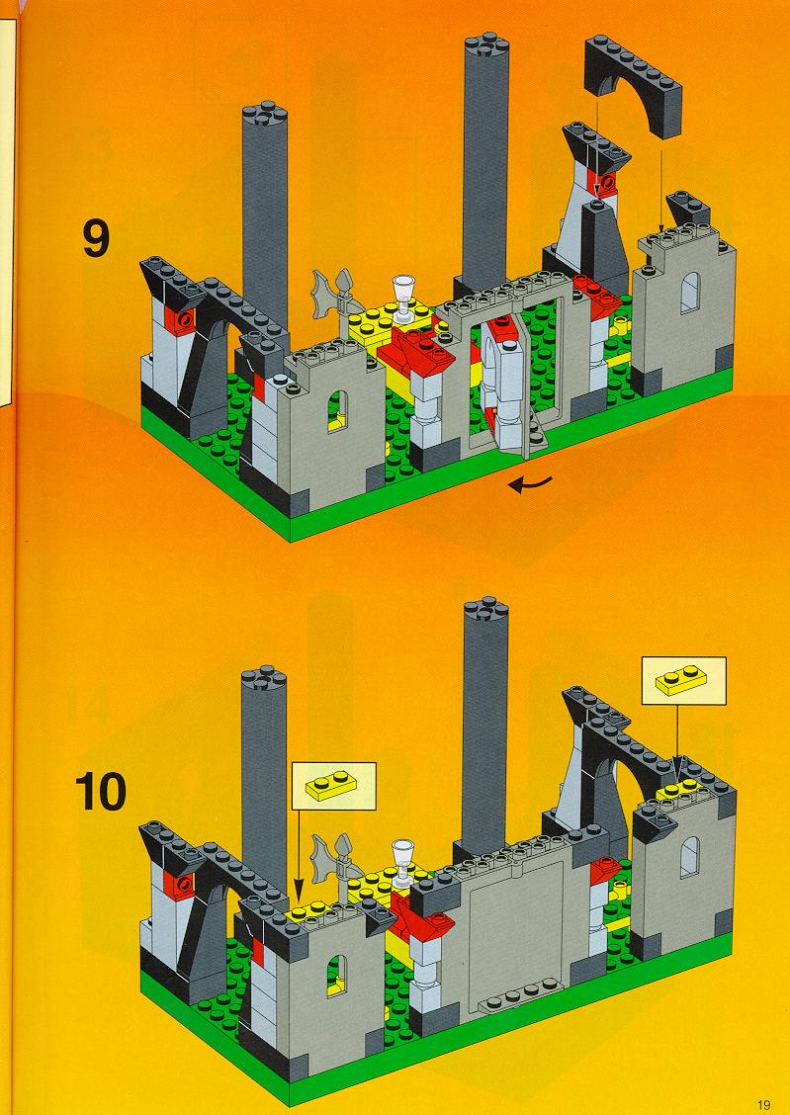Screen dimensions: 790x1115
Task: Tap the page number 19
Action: [x=763, y=1104]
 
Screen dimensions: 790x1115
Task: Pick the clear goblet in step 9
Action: [x=405, y=297]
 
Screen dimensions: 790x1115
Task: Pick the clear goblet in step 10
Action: [x=403, y=860]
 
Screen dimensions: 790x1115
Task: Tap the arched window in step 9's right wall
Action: [x=690, y=293]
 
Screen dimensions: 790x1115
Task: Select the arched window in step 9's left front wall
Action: [x=338, y=411]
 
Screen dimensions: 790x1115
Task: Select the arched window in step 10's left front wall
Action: [x=337, y=976]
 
